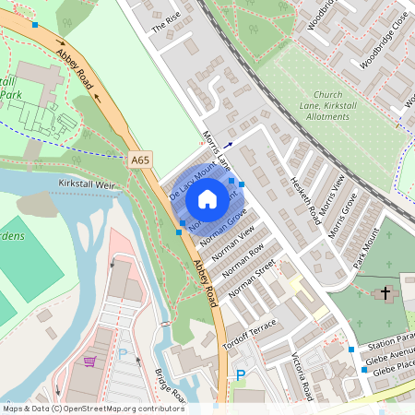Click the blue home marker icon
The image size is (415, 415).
207,197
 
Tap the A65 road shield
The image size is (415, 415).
140,160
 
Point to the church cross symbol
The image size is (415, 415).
385,293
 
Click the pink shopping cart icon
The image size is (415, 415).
89,362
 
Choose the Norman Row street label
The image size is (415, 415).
243,260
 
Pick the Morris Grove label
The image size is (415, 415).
342,222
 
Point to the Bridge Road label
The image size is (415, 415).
171,386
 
